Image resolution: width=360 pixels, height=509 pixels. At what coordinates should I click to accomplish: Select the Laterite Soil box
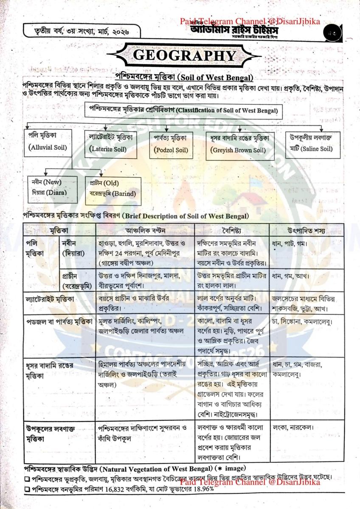pos(113,143)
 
